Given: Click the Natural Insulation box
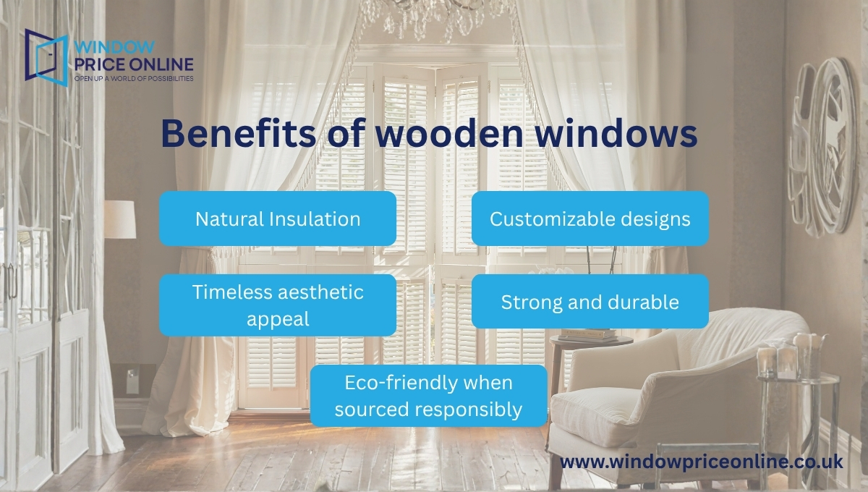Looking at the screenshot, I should tap(278, 219).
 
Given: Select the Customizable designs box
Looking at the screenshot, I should tap(590, 219).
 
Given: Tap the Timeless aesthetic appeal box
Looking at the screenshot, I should tap(278, 305).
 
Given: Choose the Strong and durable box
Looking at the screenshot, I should tap(590, 301).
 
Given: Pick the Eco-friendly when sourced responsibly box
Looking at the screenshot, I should tap(428, 396).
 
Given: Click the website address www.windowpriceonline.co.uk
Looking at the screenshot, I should tap(702, 462).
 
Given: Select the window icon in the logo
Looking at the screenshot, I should tap(46, 54).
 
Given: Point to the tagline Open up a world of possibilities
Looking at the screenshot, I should tap(134, 77).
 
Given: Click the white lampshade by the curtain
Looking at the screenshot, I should tap(119, 219).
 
